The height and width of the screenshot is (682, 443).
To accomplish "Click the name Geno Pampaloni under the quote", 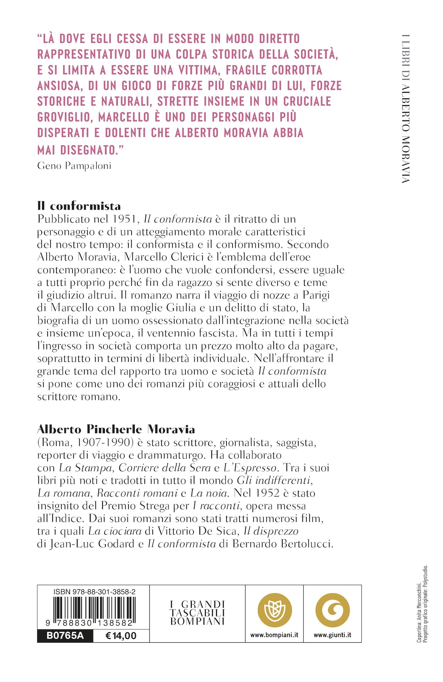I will (x=74, y=166).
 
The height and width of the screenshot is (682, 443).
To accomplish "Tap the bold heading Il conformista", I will (x=79, y=206).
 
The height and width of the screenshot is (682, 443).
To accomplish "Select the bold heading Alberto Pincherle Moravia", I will (x=116, y=429).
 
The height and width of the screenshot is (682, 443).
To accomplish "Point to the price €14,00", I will (x=121, y=636).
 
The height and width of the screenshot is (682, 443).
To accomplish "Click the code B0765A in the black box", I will (x=65, y=636).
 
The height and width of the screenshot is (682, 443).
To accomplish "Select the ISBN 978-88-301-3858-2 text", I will (x=94, y=592).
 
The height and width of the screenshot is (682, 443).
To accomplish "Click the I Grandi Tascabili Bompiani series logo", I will (x=197, y=613).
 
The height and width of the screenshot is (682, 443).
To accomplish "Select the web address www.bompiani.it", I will (x=274, y=635).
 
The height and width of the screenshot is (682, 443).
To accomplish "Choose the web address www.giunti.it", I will (x=332, y=635).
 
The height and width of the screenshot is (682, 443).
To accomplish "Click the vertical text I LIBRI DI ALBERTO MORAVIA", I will (x=406, y=109).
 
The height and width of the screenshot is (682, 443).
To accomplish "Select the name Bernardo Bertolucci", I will (x=283, y=544).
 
